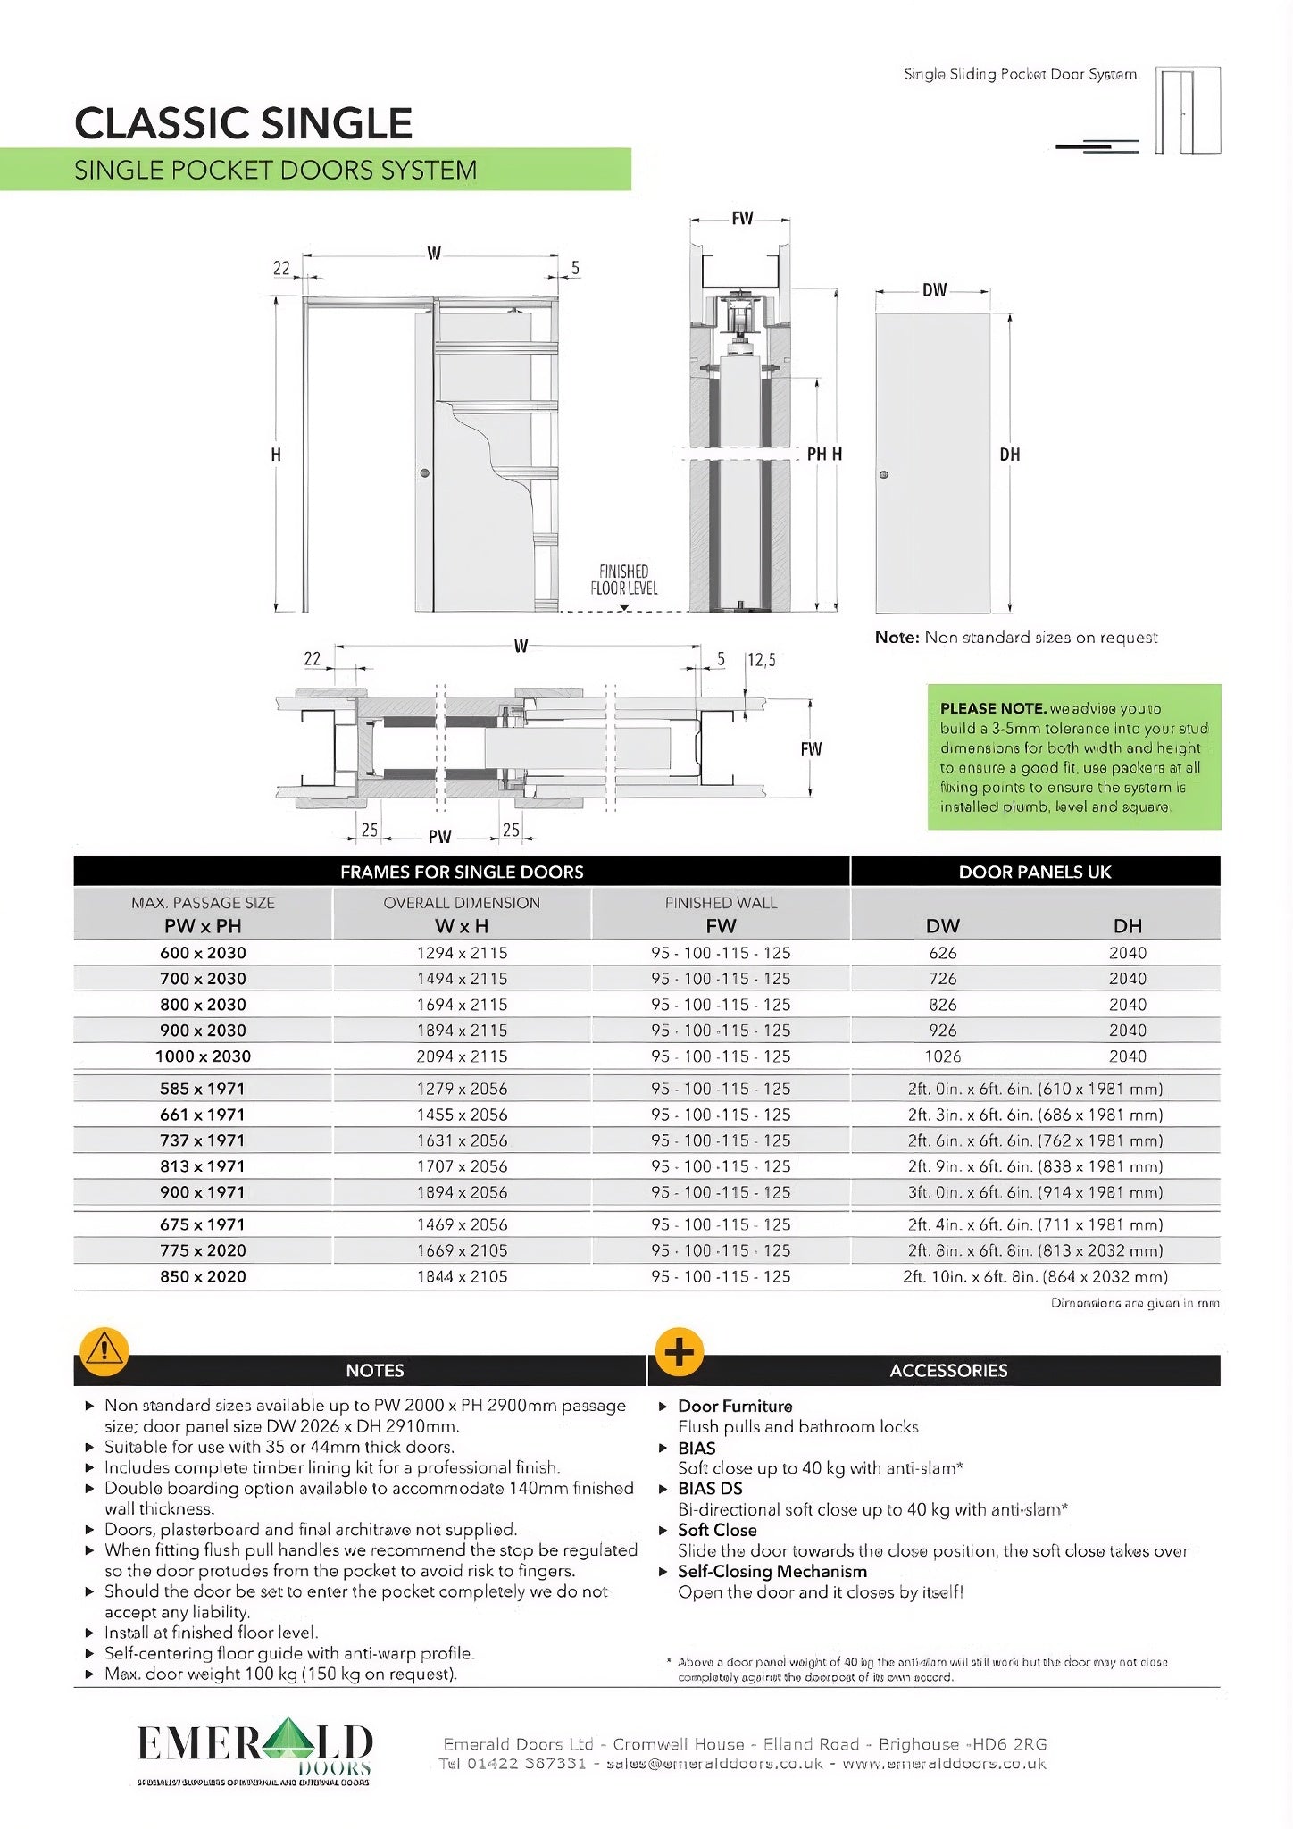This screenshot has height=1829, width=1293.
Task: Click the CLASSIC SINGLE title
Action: [243, 123]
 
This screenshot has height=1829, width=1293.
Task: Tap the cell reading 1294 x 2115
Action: [462, 953]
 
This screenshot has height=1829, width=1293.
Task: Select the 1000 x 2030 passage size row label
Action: [203, 1056]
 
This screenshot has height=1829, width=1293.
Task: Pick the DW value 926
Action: [942, 1031]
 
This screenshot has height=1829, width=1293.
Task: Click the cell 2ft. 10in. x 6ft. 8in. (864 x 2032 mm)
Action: [1035, 1276]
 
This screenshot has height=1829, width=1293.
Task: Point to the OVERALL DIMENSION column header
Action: [462, 903]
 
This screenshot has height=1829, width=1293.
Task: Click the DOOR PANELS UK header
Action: [1035, 872]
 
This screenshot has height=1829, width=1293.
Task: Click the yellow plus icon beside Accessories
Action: [680, 1351]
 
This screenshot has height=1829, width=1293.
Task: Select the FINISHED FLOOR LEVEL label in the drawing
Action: [623, 580]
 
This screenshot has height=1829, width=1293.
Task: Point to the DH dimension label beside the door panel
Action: [1010, 455]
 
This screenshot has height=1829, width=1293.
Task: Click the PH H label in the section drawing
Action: [824, 455]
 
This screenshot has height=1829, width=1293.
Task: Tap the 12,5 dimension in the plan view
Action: [761, 660]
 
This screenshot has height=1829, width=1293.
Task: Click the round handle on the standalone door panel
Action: [884, 474]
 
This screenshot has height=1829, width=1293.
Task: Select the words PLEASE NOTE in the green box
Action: [992, 708]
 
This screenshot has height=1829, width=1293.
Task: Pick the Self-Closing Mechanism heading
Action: [772, 1571]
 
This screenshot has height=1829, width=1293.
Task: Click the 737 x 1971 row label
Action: [203, 1140]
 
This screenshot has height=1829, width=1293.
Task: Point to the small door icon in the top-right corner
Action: [1188, 111]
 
